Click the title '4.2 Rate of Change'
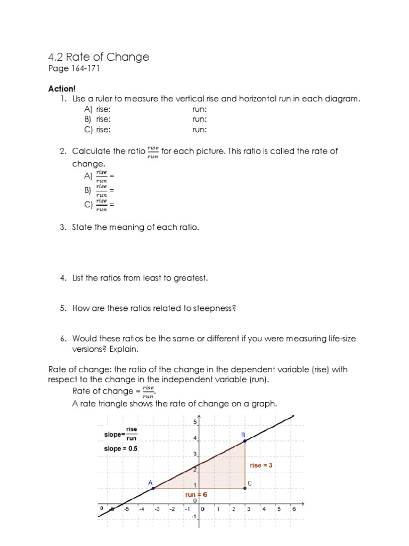[x=99, y=57]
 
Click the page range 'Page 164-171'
[x=73, y=69]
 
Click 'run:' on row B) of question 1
[x=200, y=119]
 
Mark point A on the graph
[x=154, y=488]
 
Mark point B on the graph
[x=244, y=440]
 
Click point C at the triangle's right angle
[x=245, y=488]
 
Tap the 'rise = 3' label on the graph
[x=261, y=465]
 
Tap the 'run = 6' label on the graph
[x=196, y=494]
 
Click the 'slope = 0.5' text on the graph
[x=120, y=449]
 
